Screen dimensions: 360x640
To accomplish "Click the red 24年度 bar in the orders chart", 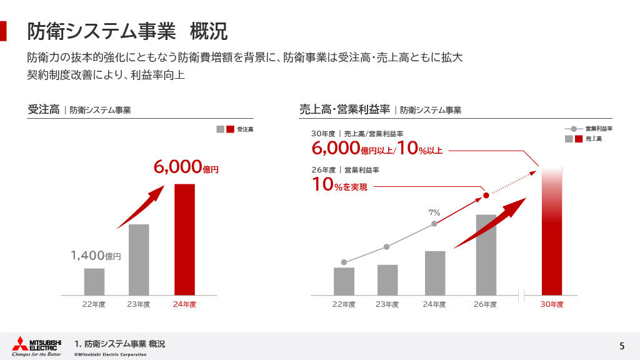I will (x=184, y=239).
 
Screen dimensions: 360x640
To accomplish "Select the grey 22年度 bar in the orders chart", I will (x=94, y=281).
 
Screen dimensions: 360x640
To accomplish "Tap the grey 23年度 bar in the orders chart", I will (x=139, y=259).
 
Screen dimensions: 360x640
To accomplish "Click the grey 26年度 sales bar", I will (x=486, y=254).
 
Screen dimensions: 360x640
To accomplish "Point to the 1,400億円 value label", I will (x=95, y=255).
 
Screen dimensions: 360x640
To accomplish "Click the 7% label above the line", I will (x=434, y=213).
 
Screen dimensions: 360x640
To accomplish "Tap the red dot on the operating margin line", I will (x=486, y=196).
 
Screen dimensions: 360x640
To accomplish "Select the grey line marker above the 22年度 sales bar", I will (x=344, y=262).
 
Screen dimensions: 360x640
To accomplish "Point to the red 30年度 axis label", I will (x=552, y=304).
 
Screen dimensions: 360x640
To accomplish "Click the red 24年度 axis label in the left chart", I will (x=184, y=304).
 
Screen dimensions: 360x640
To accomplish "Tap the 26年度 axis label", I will (x=485, y=304).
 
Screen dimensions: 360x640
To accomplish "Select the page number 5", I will (x=622, y=346).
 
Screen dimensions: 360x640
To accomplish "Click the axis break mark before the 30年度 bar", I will (x=522, y=294).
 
